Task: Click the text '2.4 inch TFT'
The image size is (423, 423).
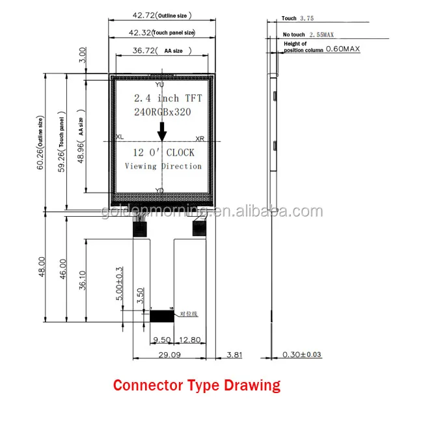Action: [168, 99]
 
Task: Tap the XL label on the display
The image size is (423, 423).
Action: [119, 137]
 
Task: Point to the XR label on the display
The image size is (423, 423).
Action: [200, 139]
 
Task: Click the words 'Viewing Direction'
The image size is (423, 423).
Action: [163, 166]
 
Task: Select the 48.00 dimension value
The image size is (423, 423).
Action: [41, 267]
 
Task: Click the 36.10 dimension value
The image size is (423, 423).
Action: [81, 280]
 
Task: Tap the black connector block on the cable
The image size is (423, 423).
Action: [162, 316]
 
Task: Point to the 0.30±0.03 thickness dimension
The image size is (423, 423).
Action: [302, 355]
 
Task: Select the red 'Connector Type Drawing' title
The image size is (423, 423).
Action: [197, 385]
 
